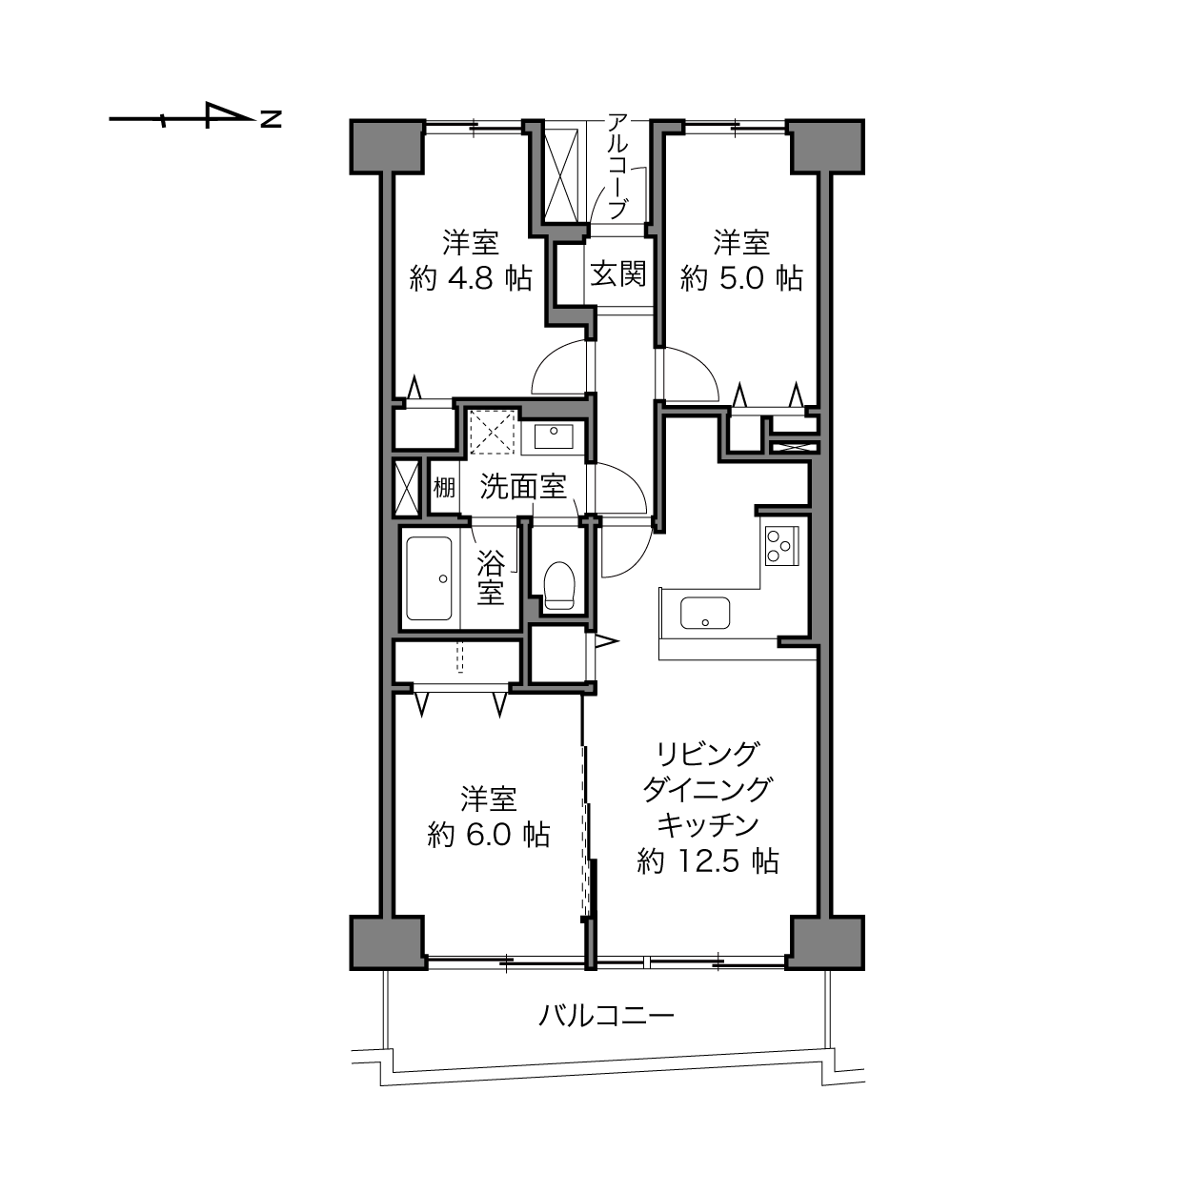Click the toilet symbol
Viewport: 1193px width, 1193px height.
pyautogui.click(x=559, y=585)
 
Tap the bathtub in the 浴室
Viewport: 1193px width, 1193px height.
pyautogui.click(x=429, y=577)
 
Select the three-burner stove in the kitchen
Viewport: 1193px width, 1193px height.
pyautogui.click(x=782, y=545)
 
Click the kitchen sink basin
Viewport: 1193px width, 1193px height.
pyautogui.click(x=704, y=613)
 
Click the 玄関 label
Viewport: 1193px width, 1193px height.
pyautogui.click(x=617, y=273)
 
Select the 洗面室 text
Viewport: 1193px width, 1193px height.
pyautogui.click(x=523, y=487)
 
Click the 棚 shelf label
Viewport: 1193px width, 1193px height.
pyautogui.click(x=444, y=488)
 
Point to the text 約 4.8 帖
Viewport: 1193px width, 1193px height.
pyautogui.click(x=471, y=278)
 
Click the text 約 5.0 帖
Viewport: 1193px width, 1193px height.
pyautogui.click(x=741, y=278)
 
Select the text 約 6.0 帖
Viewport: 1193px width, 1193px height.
pyautogui.click(x=489, y=835)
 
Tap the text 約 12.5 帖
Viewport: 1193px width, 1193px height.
pyautogui.click(x=708, y=861)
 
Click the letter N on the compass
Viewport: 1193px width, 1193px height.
pyautogui.click(x=271, y=119)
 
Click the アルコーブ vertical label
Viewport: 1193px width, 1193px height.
pyautogui.click(x=617, y=166)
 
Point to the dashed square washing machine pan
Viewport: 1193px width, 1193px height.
pyautogui.click(x=493, y=432)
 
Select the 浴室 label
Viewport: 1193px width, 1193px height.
pyautogui.click(x=491, y=577)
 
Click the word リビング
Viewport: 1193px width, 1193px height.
pyautogui.click(x=708, y=754)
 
